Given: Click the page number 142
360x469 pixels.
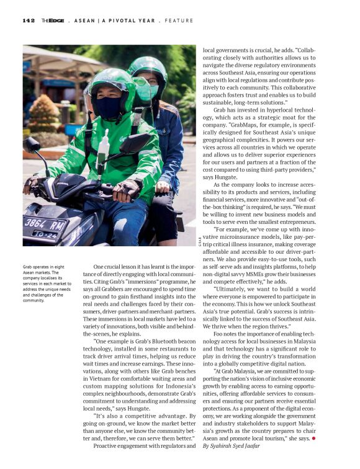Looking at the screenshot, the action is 29,20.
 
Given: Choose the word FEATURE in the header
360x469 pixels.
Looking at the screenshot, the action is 179,20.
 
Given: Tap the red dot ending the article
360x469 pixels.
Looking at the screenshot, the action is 314,438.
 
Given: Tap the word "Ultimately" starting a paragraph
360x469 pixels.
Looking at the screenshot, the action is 231,288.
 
